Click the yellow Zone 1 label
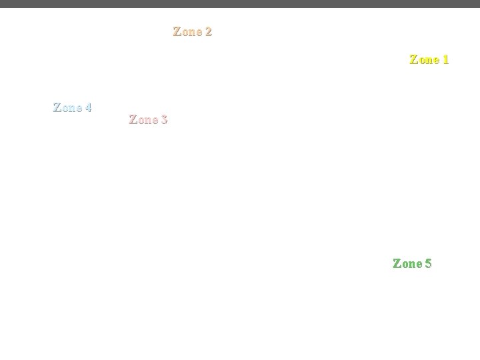pyautogui.click(x=429, y=59)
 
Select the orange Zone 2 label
pyautogui.click(x=192, y=31)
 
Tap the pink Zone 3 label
pyautogui.click(x=148, y=120)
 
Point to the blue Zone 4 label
pyautogui.click(x=72, y=107)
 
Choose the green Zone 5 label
pyautogui.click(x=412, y=263)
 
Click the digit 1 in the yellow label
pyautogui.click(x=445, y=59)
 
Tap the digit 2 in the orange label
pyautogui.click(x=209, y=31)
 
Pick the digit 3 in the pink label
pyautogui.click(x=164, y=120)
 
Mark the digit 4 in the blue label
pyautogui.click(x=88, y=107)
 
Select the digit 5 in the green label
pyautogui.click(x=428, y=263)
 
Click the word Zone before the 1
pyautogui.click(x=423, y=59)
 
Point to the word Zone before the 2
pyautogui.click(x=187, y=31)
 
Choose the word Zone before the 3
pyautogui.click(x=143, y=120)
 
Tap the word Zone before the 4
pyautogui.click(x=67, y=107)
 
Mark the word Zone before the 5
pyautogui.click(x=407, y=263)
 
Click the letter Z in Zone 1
pyautogui.click(x=413, y=59)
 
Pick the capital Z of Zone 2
pyautogui.click(x=177, y=31)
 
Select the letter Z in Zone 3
pyautogui.click(x=133, y=120)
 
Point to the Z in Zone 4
pyautogui.click(x=57, y=107)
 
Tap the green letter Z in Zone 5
pyautogui.click(x=397, y=263)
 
